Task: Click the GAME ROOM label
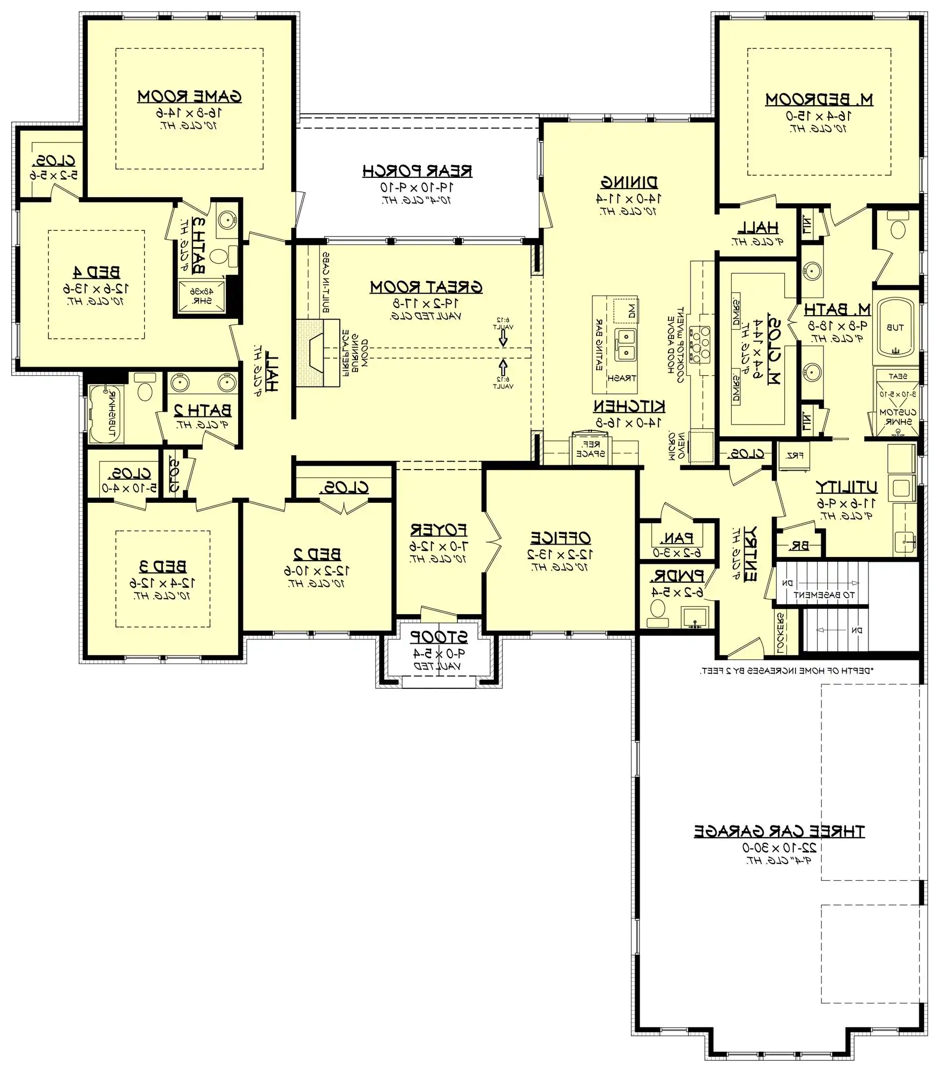coord(189,96)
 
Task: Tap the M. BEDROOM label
coord(819,100)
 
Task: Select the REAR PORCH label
coord(417,171)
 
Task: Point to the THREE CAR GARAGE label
coord(779,831)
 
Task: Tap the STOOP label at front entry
coord(439,637)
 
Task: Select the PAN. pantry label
coord(676,538)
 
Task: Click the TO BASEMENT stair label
coord(823,594)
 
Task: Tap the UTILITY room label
coord(846,487)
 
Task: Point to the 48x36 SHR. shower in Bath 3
coord(202,296)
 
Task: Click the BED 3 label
coord(162,567)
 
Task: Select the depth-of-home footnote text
coord(786,671)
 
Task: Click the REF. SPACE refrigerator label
coord(590,449)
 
